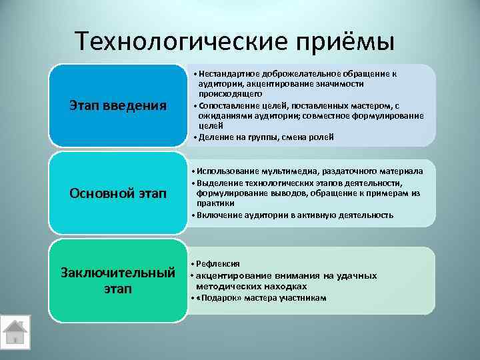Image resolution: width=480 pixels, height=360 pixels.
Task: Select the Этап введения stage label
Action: [118, 105]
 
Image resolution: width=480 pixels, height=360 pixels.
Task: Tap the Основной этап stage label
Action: [118, 193]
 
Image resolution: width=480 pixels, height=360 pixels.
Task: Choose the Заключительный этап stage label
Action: [118, 281]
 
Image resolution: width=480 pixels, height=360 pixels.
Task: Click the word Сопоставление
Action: [230, 106]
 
